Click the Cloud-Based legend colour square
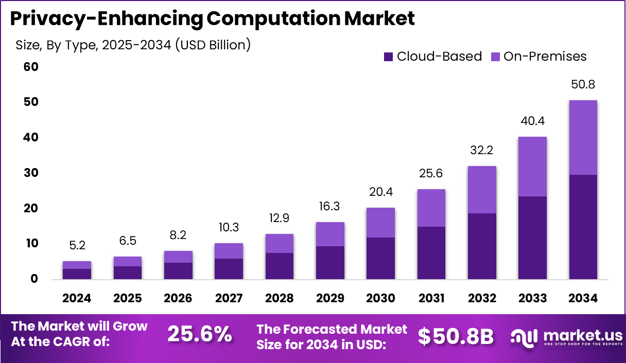pyautogui.click(x=389, y=57)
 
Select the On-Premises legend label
pyautogui.click(x=545, y=57)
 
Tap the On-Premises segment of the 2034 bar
pyautogui.click(x=583, y=138)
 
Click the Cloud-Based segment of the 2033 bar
pyautogui.click(x=532, y=238)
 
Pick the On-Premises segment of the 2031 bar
pyautogui.click(x=431, y=208)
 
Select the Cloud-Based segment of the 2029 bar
pyautogui.click(x=330, y=263)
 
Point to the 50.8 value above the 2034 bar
pyautogui.click(x=583, y=84)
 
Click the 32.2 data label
pyautogui.click(x=482, y=151)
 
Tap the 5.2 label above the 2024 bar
pyautogui.click(x=77, y=246)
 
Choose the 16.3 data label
pyautogui.click(x=330, y=207)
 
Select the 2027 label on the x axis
pyautogui.click(x=229, y=299)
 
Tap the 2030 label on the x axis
pyautogui.click(x=380, y=299)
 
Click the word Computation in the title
pyautogui.click(x=272, y=19)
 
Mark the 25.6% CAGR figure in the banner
pyautogui.click(x=200, y=335)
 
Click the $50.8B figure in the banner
pyautogui.click(x=456, y=336)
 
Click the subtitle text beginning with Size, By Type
pyautogui.click(x=133, y=45)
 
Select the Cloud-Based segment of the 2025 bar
pyautogui.click(x=128, y=273)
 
